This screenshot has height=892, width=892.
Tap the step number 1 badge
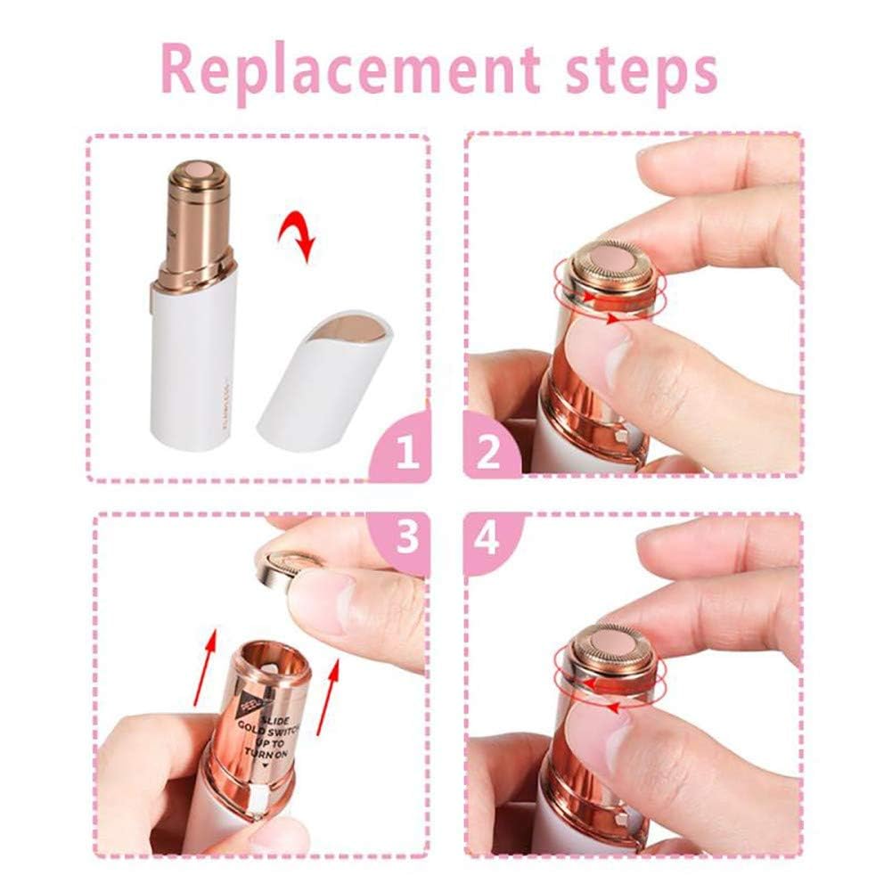tap(406, 454)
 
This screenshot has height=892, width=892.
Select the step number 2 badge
tap(488, 454)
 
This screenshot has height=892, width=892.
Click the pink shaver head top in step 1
tap(193, 167)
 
